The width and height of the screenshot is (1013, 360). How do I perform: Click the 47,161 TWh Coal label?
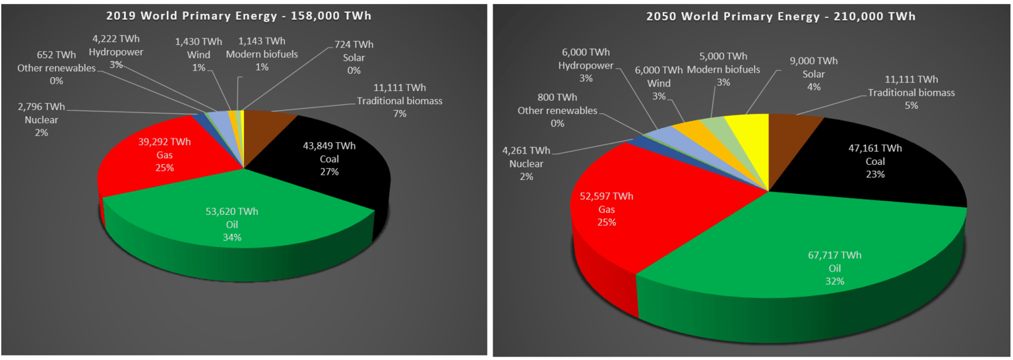pos(875,162)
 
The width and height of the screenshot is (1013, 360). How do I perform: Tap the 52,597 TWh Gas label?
pos(607,209)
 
